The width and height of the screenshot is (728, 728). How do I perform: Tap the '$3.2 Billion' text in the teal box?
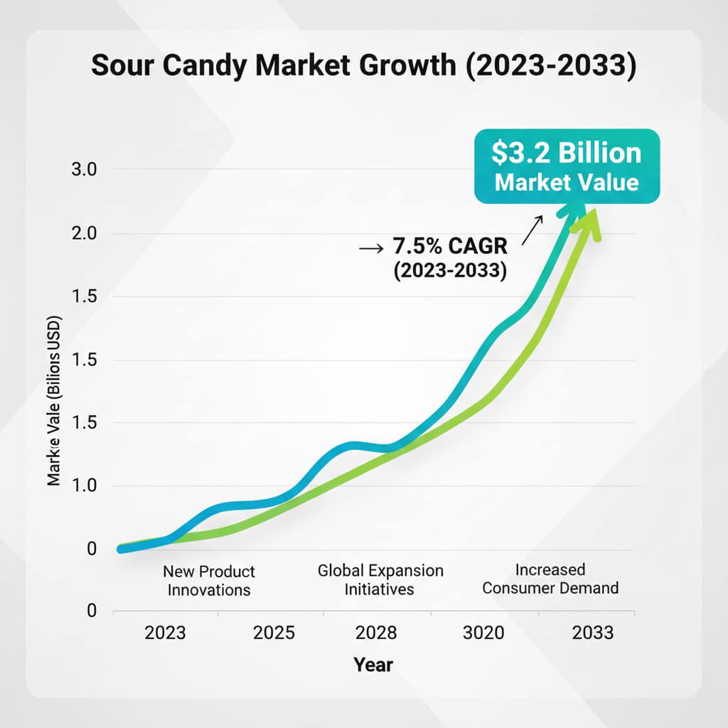click(567, 153)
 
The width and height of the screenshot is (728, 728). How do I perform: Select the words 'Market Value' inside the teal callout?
click(567, 182)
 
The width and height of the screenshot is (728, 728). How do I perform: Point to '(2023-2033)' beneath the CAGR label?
click(449, 272)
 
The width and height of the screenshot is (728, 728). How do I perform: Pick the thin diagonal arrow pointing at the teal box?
click(532, 230)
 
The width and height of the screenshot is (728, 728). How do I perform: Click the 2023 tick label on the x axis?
click(165, 632)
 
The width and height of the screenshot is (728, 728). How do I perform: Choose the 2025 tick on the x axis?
click(273, 632)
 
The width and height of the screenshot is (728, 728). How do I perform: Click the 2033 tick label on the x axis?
click(593, 632)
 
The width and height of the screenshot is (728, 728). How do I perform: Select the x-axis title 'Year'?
click(373, 665)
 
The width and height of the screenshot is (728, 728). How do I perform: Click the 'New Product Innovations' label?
click(208, 581)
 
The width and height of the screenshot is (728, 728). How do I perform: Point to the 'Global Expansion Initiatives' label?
click(380, 579)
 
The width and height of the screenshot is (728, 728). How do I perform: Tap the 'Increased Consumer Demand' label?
click(549, 579)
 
